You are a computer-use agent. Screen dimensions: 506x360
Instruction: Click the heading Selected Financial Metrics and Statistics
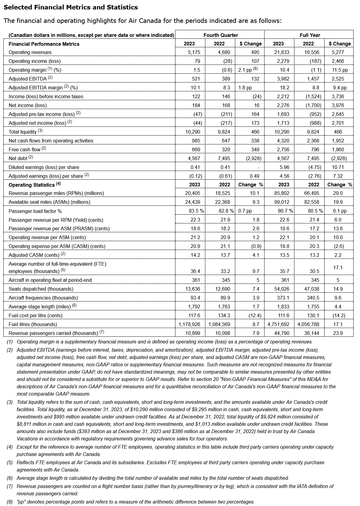[70, 7]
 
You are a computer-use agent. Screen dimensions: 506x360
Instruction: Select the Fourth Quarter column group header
[221, 35]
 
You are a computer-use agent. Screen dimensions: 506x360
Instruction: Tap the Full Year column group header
[310, 35]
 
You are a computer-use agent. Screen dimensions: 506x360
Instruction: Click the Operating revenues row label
[30, 52]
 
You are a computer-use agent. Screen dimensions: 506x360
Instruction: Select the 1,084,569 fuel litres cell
[219, 324]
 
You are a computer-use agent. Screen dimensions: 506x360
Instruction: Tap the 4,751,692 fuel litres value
[279, 324]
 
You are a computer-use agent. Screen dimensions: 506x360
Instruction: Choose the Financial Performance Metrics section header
[44, 44]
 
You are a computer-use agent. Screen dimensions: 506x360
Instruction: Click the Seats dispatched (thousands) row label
[41, 289]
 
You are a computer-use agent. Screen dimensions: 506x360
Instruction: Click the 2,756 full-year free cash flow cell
[283, 149]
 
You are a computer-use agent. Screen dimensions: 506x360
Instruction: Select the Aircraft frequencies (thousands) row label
[43, 298]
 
